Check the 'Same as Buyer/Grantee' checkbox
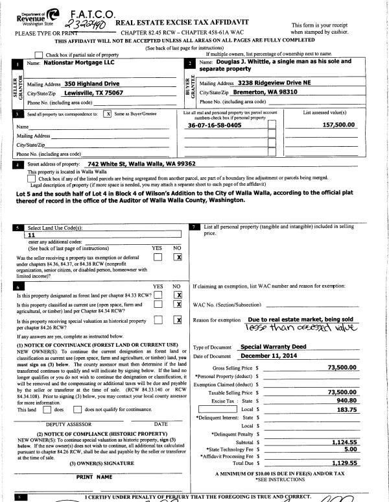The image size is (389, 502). point(107,113)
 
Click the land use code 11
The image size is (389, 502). point(30,237)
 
